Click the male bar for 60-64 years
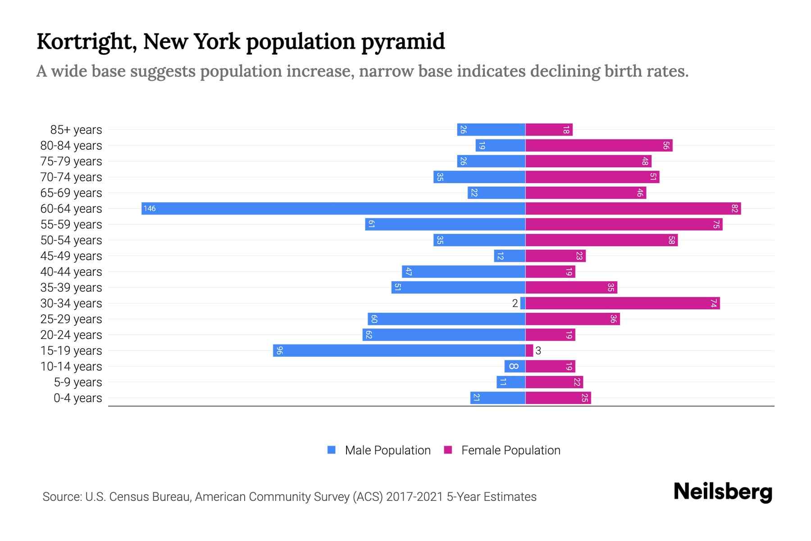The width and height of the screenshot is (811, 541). coord(333,208)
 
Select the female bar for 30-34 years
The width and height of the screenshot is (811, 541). coord(623,303)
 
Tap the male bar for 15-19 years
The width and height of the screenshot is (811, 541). coord(399,350)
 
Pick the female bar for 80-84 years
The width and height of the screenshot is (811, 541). coord(599,145)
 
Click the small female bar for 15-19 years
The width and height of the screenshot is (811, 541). coord(529,350)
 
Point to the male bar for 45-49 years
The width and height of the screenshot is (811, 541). coord(510,256)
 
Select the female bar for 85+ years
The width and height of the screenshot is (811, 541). coord(549,129)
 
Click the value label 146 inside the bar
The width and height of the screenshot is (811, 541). coord(150,208)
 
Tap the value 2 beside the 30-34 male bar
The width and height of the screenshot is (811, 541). coord(515,303)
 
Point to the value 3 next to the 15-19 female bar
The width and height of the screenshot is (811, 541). coord(538,351)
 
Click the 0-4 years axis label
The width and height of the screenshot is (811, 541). coord(77,398)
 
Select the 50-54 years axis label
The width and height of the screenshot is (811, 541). coord(71,240)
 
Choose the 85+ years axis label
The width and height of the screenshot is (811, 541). coord(76,130)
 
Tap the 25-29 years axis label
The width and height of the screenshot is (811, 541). coord(71,319)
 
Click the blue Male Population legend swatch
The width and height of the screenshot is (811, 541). coord(332,450)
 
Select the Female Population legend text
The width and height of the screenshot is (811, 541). coord(510,450)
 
